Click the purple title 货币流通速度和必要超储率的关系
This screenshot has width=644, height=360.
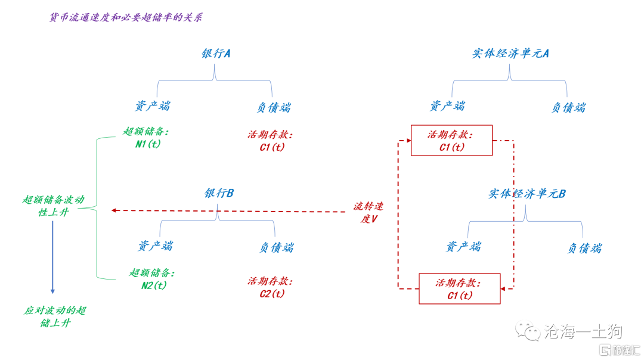click(126, 17)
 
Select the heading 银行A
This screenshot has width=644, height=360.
click(216, 54)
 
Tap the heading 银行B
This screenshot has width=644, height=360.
click(219, 193)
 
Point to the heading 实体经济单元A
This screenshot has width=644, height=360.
click(510, 54)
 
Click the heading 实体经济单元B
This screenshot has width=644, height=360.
click(527, 194)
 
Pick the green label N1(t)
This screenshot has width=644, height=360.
click(148, 144)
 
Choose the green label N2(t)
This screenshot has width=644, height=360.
click(154, 285)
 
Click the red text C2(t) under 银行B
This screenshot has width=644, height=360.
click(272, 294)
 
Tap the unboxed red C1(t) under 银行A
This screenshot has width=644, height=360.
click(272, 147)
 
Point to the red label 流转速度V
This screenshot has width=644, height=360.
click(369, 213)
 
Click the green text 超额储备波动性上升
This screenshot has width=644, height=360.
click(54, 206)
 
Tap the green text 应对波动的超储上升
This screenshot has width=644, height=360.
click(55, 317)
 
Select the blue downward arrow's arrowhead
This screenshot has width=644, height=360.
click(52, 291)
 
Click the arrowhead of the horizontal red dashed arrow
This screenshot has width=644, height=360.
click(114, 210)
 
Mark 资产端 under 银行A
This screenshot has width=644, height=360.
click(153, 106)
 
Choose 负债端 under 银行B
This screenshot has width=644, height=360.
click(277, 247)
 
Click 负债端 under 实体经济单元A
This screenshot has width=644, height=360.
click(568, 107)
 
